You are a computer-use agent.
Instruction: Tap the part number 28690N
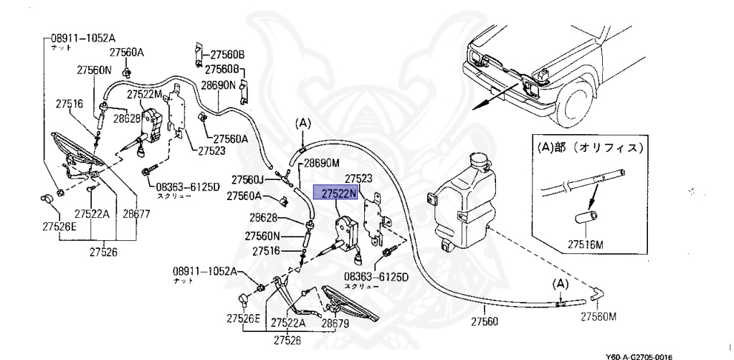tap(218, 85)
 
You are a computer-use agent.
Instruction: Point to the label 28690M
tap(323, 164)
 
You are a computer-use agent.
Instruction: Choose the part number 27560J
tap(248, 179)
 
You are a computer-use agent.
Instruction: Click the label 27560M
tap(599, 316)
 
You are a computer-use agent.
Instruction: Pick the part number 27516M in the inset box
tap(585, 245)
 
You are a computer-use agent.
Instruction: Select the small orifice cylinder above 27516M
tap(584, 218)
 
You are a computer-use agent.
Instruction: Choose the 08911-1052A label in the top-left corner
tap(83, 37)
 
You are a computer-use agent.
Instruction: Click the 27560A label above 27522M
tap(127, 52)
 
